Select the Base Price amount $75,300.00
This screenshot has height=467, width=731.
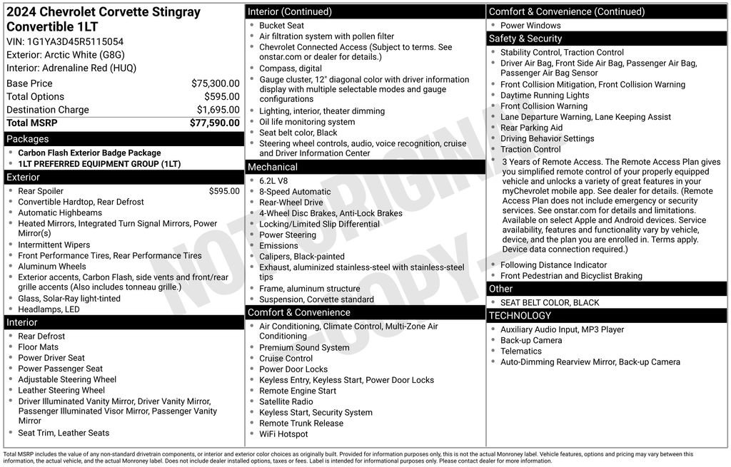(216, 83)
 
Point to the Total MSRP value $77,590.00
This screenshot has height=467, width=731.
(215, 123)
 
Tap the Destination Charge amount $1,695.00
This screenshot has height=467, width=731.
(218, 110)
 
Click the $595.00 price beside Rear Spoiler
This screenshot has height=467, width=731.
(224, 191)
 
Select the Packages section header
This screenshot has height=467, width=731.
(28, 139)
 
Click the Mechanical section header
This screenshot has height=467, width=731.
(273, 167)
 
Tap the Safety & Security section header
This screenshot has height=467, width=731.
(525, 39)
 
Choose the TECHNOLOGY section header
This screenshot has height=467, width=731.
(520, 315)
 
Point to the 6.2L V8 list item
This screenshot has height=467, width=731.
(275, 181)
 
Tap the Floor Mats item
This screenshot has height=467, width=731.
(38, 347)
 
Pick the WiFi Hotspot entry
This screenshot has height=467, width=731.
(283, 434)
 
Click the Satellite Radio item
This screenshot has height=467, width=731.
(286, 401)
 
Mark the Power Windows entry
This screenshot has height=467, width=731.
(530, 26)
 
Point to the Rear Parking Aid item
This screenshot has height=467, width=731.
(531, 128)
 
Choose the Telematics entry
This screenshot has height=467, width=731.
(521, 351)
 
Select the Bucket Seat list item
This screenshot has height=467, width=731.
(281, 26)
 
